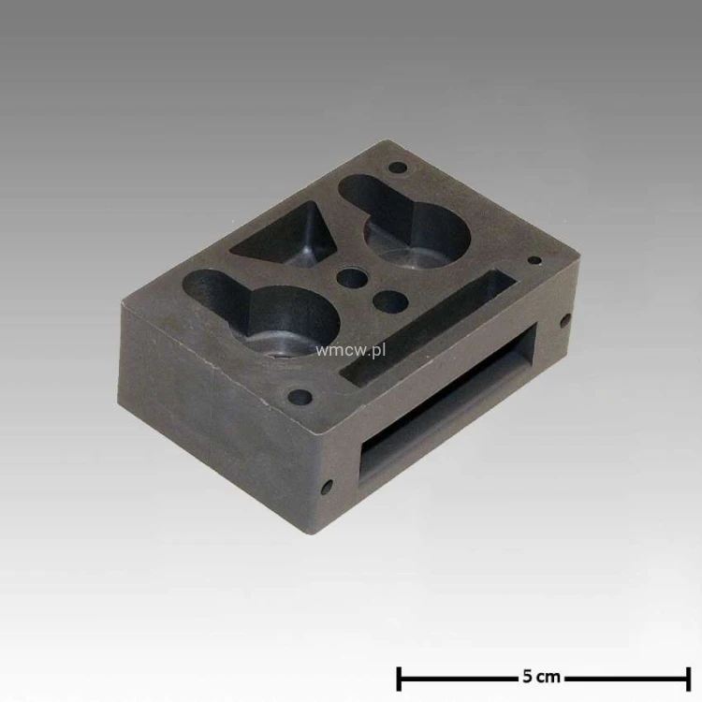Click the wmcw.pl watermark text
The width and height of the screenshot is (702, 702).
click(350, 350)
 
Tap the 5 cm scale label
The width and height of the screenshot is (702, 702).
click(541, 677)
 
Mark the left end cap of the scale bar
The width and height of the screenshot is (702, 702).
click(399, 679)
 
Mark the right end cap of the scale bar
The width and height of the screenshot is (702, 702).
click(689, 679)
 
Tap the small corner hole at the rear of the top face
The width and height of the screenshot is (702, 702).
click(398, 168)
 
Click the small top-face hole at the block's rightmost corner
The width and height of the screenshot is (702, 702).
click(534, 260)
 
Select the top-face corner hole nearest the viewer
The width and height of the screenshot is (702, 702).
click(300, 396)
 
